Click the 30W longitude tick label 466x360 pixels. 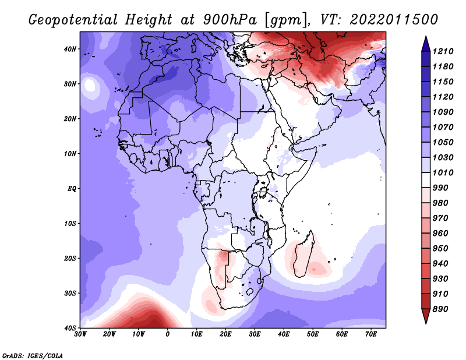tap(81, 335)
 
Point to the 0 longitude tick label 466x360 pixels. tap(168, 335)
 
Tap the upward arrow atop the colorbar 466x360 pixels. tap(425, 42)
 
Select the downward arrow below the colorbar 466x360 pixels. tap(425, 317)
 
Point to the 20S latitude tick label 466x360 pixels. tap(70, 258)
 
